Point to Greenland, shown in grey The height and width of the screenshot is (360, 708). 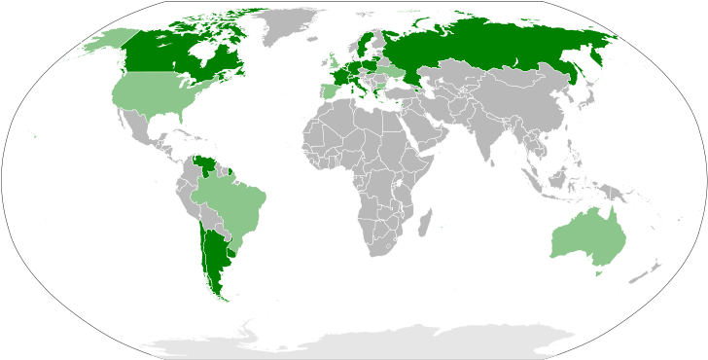tap(282, 24)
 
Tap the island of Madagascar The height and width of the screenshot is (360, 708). tap(425, 225)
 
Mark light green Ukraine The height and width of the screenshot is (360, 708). tap(393, 72)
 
